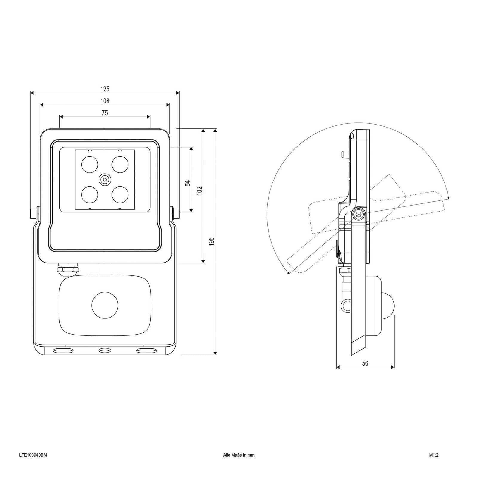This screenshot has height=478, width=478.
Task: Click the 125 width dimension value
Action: tap(105, 89)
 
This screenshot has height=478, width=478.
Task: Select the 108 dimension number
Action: tap(105, 101)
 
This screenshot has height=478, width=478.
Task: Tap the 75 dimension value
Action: tap(105, 113)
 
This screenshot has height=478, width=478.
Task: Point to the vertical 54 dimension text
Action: tap(188, 183)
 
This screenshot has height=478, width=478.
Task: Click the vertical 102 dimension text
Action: tap(200, 191)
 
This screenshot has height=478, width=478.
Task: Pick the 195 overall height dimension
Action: tap(212, 241)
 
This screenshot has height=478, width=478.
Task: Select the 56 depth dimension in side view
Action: tap(365, 363)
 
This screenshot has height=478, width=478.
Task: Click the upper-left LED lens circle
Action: tap(90, 164)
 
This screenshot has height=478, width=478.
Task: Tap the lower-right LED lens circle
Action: tap(120, 194)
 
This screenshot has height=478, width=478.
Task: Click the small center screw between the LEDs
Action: tap(105, 180)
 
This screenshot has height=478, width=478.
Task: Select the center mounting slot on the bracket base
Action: tap(105, 350)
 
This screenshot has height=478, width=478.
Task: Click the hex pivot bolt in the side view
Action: tap(358, 214)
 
